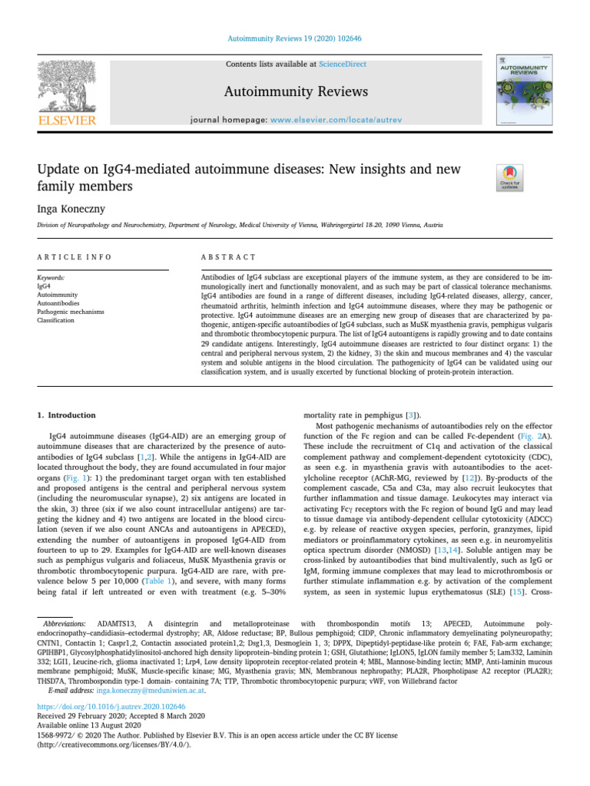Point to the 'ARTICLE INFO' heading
75,257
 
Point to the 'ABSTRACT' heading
228,257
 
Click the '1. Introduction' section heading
67,415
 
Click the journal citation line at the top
293,38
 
